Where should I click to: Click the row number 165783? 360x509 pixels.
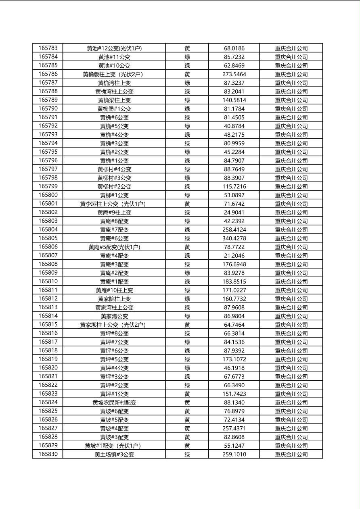48,48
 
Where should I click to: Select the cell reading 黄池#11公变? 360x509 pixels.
114,57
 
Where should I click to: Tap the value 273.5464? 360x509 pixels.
234,74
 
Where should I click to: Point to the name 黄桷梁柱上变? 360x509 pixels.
114,100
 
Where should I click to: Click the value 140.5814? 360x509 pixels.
234,100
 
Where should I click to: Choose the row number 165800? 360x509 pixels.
48,195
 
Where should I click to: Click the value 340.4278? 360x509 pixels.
234,238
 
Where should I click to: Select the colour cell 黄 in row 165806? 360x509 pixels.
187,247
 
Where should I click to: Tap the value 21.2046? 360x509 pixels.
234,256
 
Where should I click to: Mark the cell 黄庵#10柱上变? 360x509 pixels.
114,290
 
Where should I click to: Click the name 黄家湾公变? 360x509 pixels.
114,316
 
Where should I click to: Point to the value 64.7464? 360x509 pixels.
234,325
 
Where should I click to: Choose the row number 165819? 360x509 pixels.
48,359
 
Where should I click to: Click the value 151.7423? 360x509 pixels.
234,394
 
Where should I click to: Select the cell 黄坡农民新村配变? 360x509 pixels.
114,403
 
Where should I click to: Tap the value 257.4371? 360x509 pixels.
234,428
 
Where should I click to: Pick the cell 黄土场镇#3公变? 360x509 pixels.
114,455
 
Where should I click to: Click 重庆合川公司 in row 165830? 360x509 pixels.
291,455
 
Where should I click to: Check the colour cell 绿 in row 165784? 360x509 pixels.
187,57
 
